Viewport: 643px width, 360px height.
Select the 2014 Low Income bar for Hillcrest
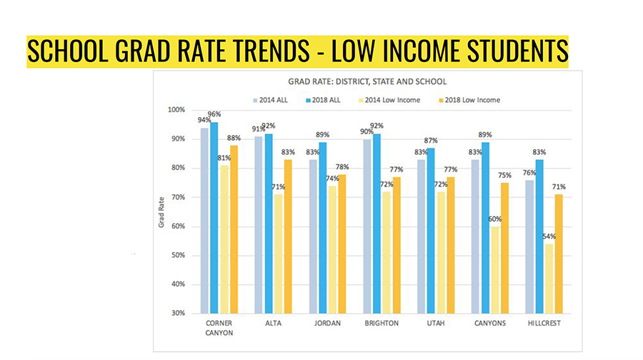pyautogui.click(x=549, y=279)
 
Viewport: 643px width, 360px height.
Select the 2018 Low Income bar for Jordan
pyautogui.click(x=341, y=244)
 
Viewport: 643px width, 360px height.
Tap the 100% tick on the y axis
pyautogui.click(x=176, y=109)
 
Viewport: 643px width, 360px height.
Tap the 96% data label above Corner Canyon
pyautogui.click(x=214, y=114)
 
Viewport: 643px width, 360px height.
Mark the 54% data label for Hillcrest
pyautogui.click(x=549, y=236)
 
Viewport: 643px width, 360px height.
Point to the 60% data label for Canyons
pyautogui.click(x=494, y=219)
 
